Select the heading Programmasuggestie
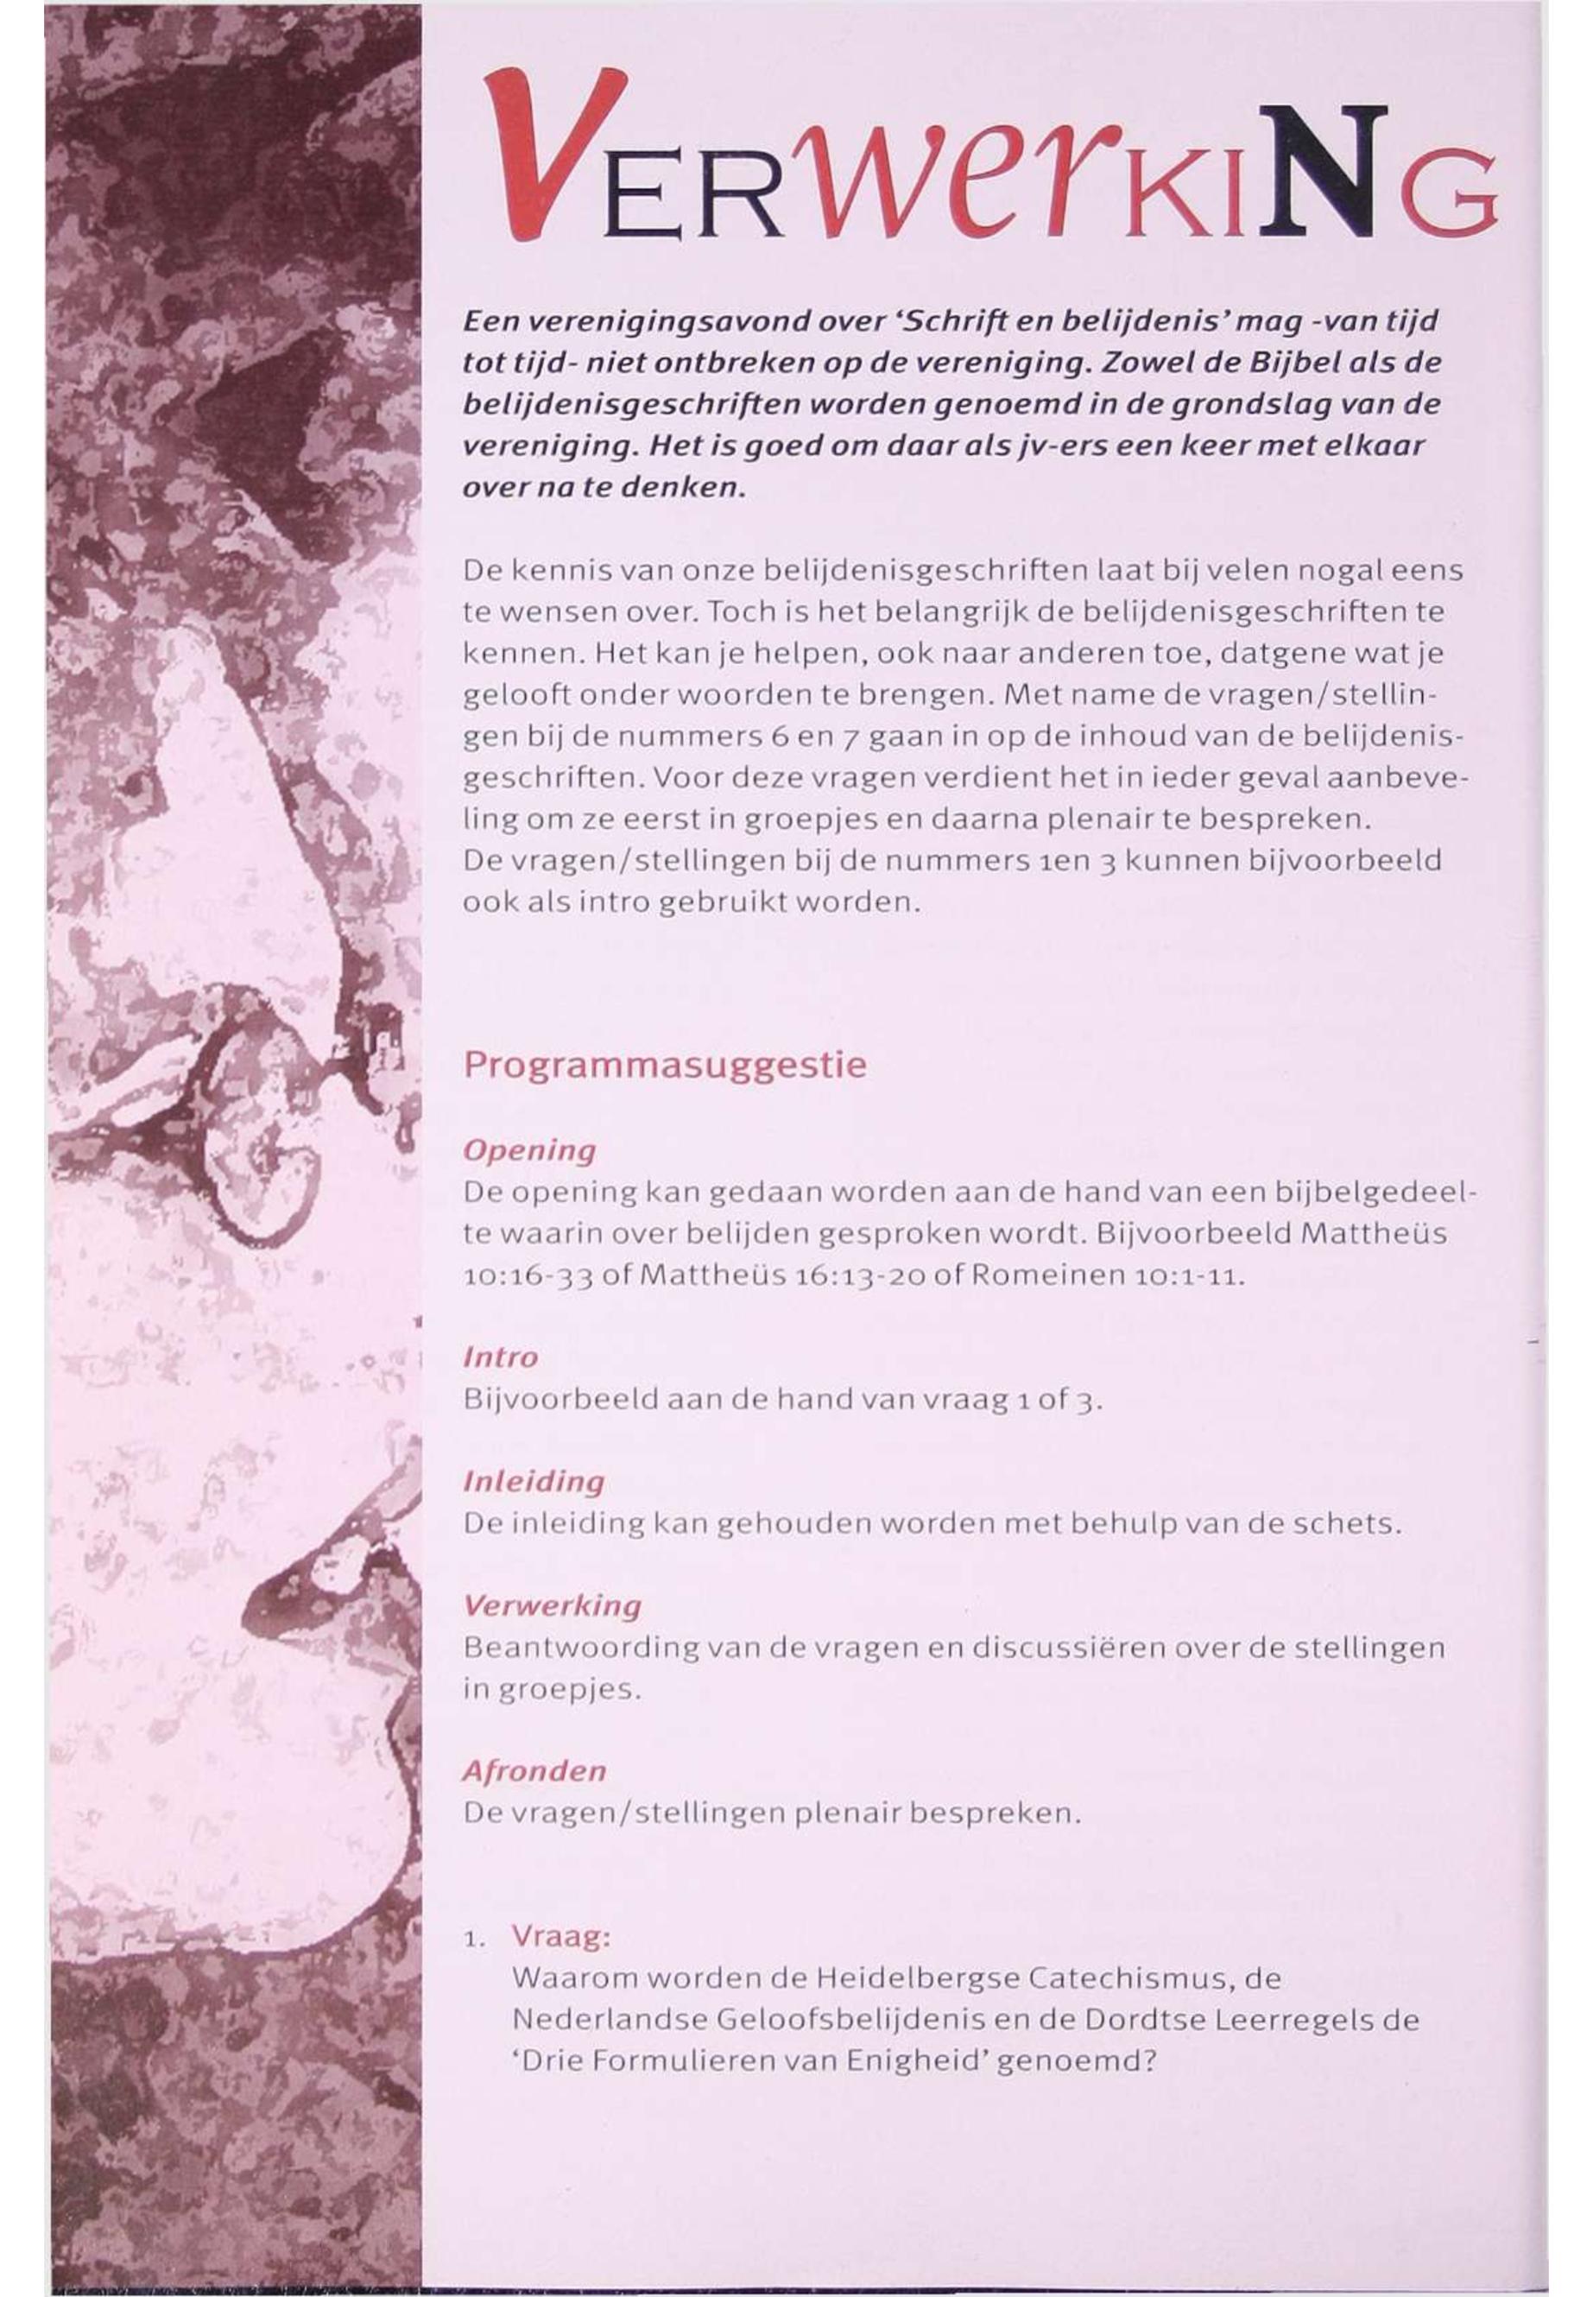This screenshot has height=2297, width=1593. coord(665,1065)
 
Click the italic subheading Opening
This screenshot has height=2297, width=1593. coord(529,1150)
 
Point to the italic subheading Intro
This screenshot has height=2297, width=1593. coord(500,1357)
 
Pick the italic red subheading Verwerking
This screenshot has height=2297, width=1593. coord(552,1605)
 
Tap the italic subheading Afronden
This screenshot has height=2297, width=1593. coord(534,1771)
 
